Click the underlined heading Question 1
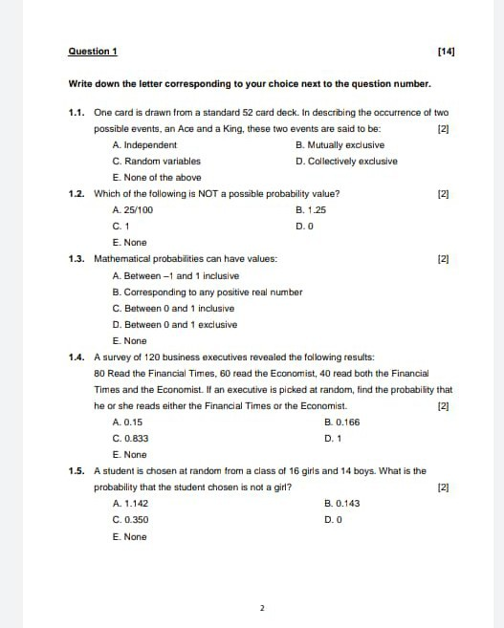tap(93, 50)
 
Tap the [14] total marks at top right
tap(445, 50)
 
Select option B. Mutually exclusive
tap(340, 145)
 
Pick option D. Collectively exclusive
tap(347, 162)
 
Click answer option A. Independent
tap(144, 145)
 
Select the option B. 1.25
tap(312, 209)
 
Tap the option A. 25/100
tap(133, 209)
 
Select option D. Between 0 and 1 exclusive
tap(175, 324)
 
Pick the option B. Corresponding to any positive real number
tap(208, 292)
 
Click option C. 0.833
tap(130, 438)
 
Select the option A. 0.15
tap(128, 422)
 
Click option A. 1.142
tap(130, 503)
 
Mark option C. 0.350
tap(130, 519)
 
